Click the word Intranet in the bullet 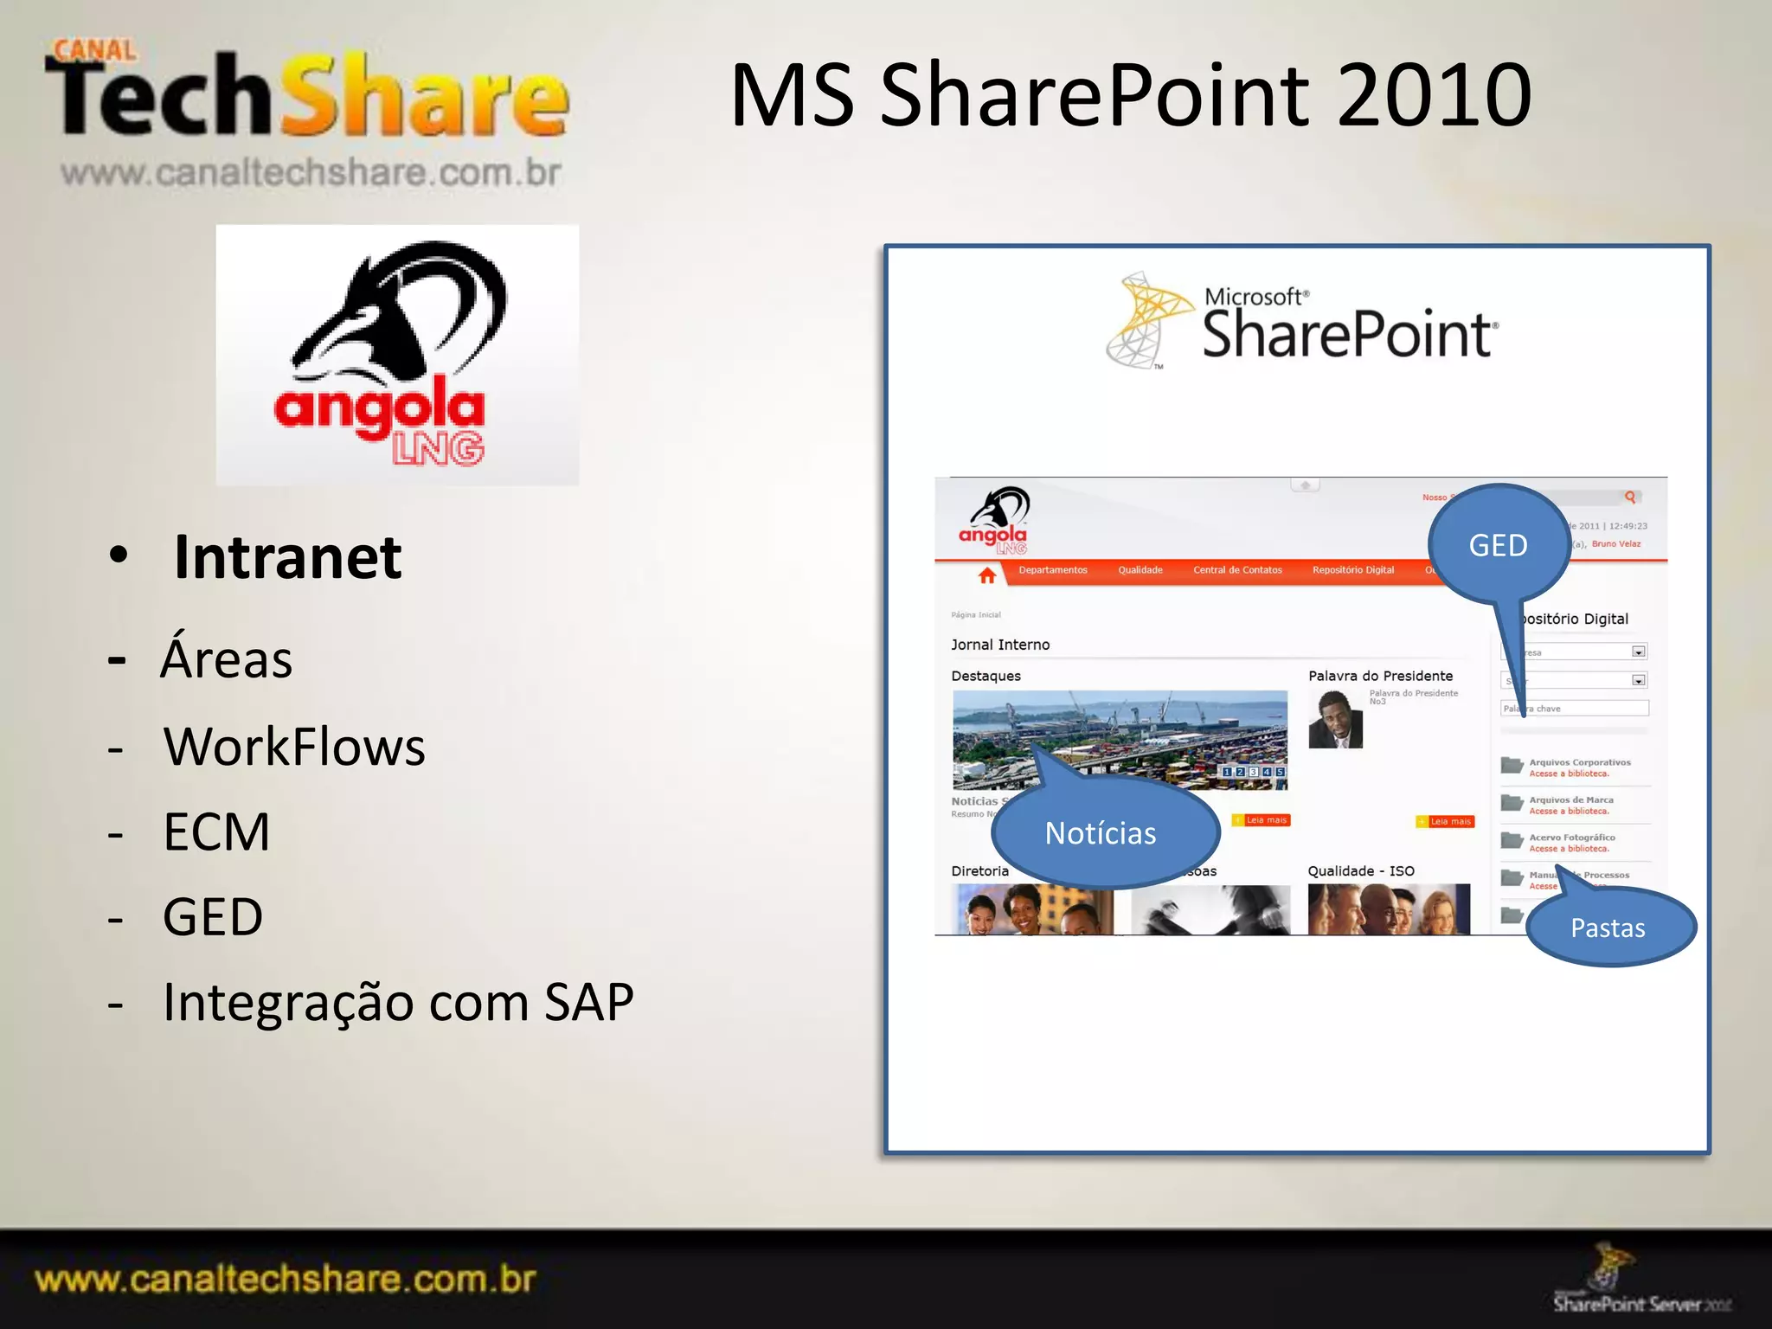[287, 557]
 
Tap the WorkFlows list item [294, 747]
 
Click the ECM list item [216, 832]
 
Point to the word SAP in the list [588, 1002]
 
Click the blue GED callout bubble [1498, 545]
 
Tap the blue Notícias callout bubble [1101, 832]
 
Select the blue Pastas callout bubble [1608, 928]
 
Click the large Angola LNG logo [397, 355]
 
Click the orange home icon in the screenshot [987, 575]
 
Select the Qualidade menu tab [1140, 570]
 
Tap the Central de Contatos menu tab [1237, 570]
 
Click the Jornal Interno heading [1000, 645]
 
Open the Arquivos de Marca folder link [1570, 800]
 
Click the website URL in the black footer [286, 1279]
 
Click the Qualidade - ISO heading [1361, 871]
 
